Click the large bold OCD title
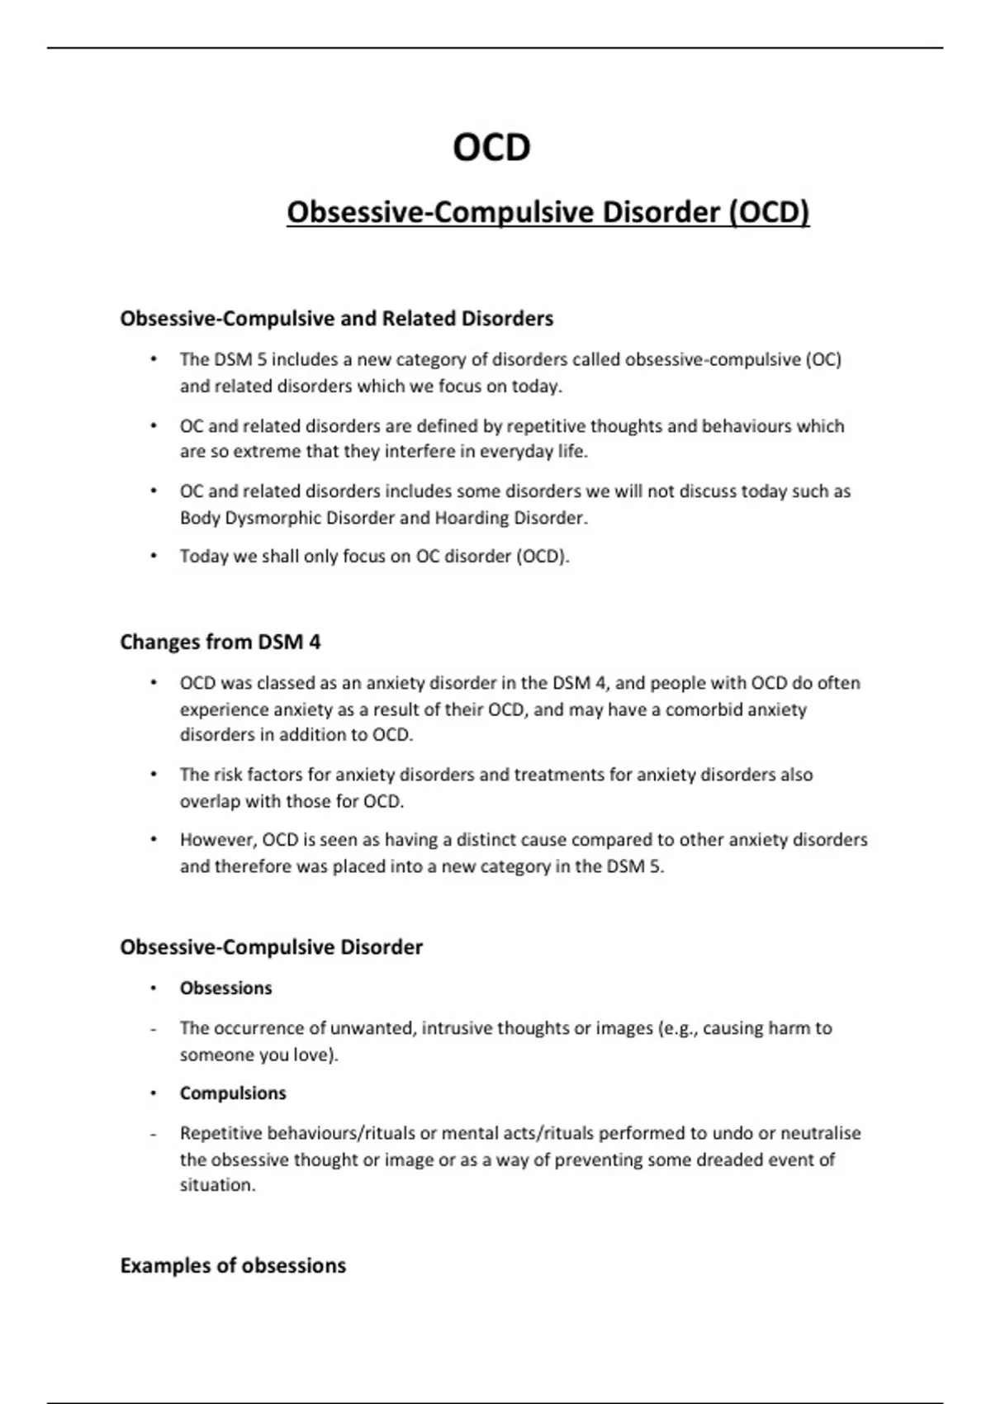click(491, 149)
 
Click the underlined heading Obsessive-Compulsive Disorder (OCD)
click(548, 212)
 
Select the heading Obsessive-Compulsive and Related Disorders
click(336, 319)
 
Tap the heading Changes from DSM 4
click(220, 642)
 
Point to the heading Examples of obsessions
click(233, 1265)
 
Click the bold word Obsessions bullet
click(225, 988)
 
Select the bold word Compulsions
click(233, 1093)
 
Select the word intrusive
click(460, 1028)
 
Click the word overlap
click(210, 801)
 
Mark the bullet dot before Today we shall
click(153, 556)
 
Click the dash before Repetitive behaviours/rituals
click(153, 1134)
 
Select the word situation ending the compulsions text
click(216, 1185)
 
